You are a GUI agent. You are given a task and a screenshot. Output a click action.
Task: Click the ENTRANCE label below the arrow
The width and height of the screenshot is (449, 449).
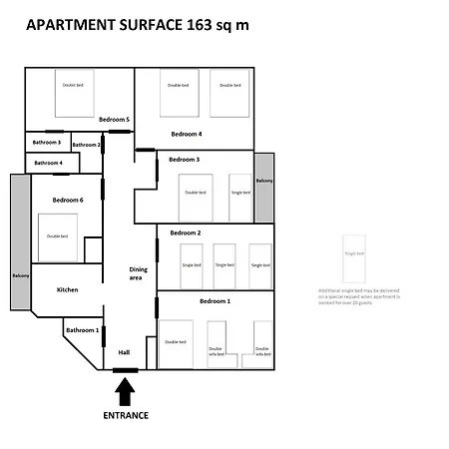point(126,415)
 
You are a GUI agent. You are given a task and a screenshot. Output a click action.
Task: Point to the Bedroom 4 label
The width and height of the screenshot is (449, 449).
point(186,134)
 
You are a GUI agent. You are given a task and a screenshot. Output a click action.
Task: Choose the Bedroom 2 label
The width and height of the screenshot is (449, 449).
point(186,232)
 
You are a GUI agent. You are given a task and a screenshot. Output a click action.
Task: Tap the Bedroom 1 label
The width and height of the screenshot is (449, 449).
point(215,300)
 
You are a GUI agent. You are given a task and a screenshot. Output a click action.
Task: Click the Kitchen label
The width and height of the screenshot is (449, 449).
point(67,289)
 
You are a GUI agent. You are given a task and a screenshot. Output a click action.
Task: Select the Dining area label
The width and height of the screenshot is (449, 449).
point(139,273)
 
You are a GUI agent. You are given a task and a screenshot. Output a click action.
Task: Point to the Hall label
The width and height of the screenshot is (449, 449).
point(124,352)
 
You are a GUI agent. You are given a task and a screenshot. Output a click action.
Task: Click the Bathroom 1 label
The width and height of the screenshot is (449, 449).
point(82,329)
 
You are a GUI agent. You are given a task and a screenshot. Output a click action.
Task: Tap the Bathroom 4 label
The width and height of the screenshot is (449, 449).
point(49,163)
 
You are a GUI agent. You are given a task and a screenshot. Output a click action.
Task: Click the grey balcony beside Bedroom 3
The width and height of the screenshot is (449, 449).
point(263,188)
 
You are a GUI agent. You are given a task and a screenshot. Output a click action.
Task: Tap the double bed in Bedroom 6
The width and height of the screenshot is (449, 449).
point(57,236)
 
